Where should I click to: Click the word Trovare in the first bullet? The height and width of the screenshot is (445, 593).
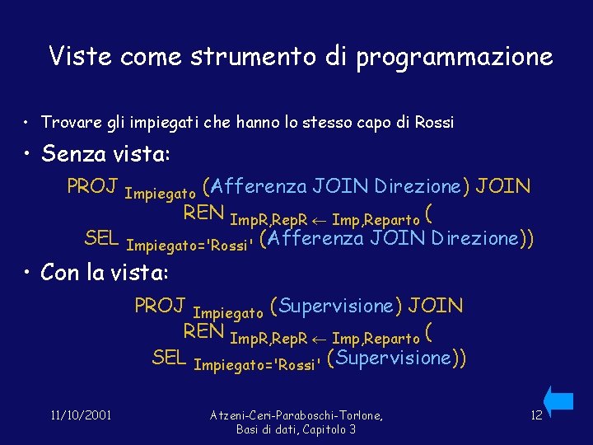[68, 123]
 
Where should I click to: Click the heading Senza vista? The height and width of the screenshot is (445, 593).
[105, 154]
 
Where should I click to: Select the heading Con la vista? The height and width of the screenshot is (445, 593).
[104, 272]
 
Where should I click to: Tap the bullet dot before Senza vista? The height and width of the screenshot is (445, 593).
[28, 155]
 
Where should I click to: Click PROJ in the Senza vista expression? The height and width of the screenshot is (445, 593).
[92, 186]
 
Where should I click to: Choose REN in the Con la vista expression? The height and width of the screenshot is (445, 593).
[203, 332]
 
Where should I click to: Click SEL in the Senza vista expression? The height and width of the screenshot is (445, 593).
[102, 239]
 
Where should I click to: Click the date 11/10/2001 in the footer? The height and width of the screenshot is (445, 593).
[81, 415]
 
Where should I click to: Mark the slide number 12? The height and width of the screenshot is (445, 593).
[536, 415]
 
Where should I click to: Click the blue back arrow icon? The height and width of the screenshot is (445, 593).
[558, 400]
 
